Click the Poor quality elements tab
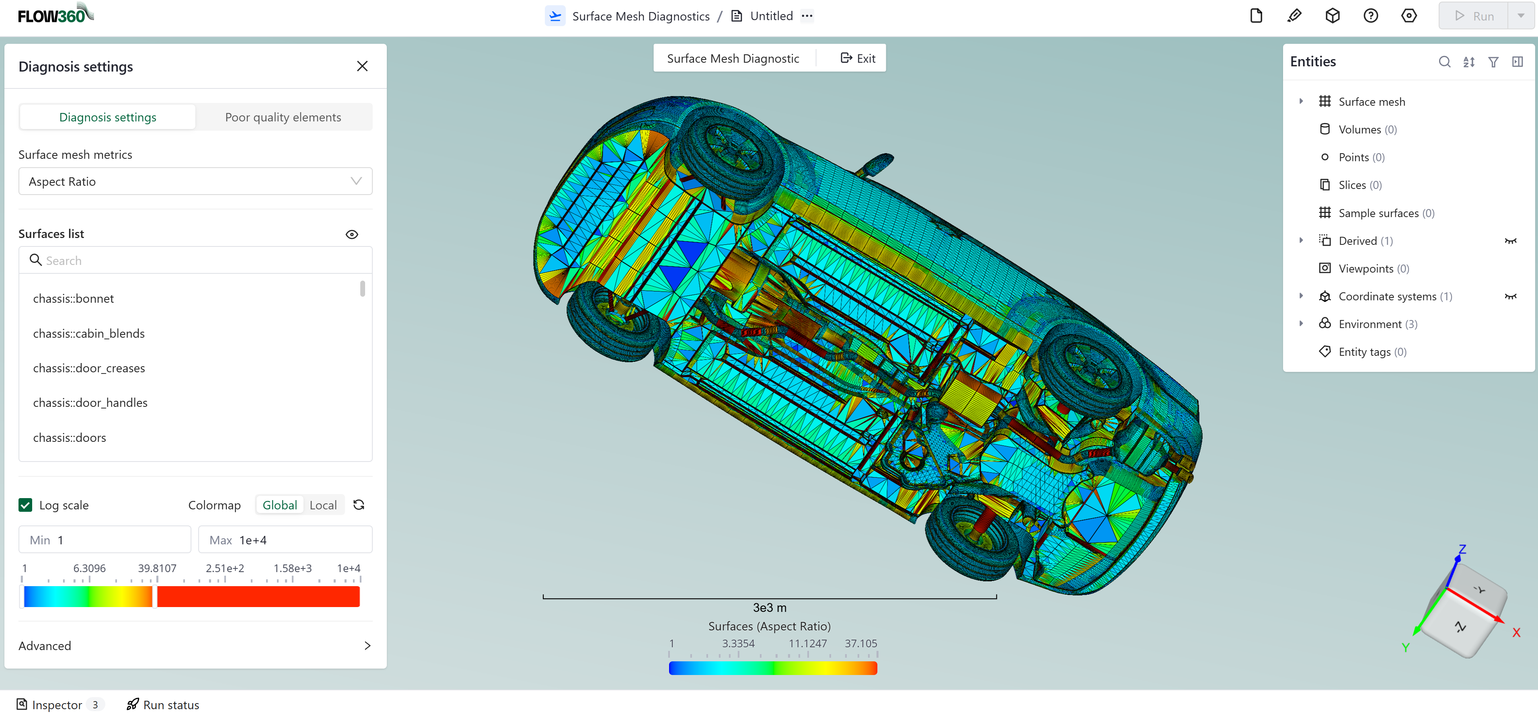click(x=283, y=117)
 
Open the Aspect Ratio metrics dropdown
click(x=195, y=181)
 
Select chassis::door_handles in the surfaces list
click(x=90, y=403)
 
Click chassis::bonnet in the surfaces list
click(x=74, y=298)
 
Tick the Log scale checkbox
click(x=25, y=505)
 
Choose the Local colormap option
click(x=323, y=505)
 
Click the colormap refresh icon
click(x=359, y=505)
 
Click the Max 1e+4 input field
click(x=285, y=540)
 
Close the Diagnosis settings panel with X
click(x=362, y=66)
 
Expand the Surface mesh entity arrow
click(x=1301, y=101)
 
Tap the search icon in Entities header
click(x=1444, y=62)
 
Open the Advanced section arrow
click(x=367, y=645)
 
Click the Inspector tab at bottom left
click(x=57, y=704)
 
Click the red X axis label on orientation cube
click(x=1516, y=632)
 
